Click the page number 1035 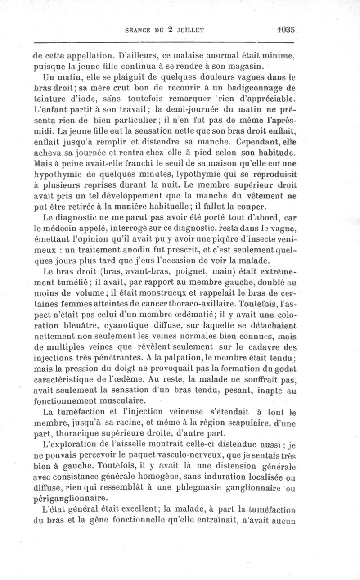(286, 31)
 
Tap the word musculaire (121, 400)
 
